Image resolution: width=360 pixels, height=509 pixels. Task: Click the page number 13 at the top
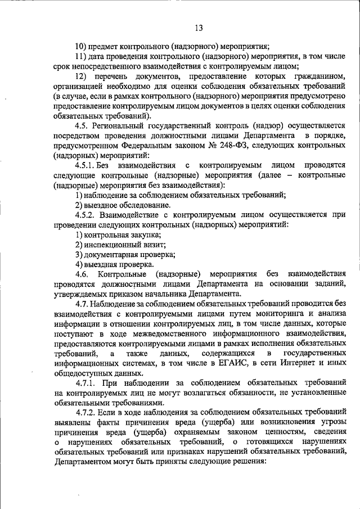click(x=199, y=28)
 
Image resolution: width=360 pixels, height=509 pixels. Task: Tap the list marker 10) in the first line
click(x=80, y=47)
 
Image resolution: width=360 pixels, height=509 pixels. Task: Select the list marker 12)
click(x=81, y=76)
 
